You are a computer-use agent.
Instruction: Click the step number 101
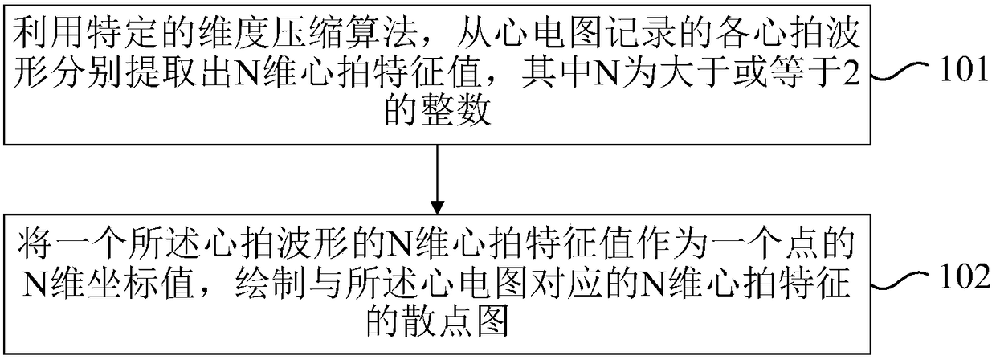[x=962, y=70]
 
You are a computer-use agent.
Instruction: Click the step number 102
[x=965, y=278]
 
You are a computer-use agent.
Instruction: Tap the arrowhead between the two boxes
[x=438, y=207]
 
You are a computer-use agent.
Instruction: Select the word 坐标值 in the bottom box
[x=142, y=282]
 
